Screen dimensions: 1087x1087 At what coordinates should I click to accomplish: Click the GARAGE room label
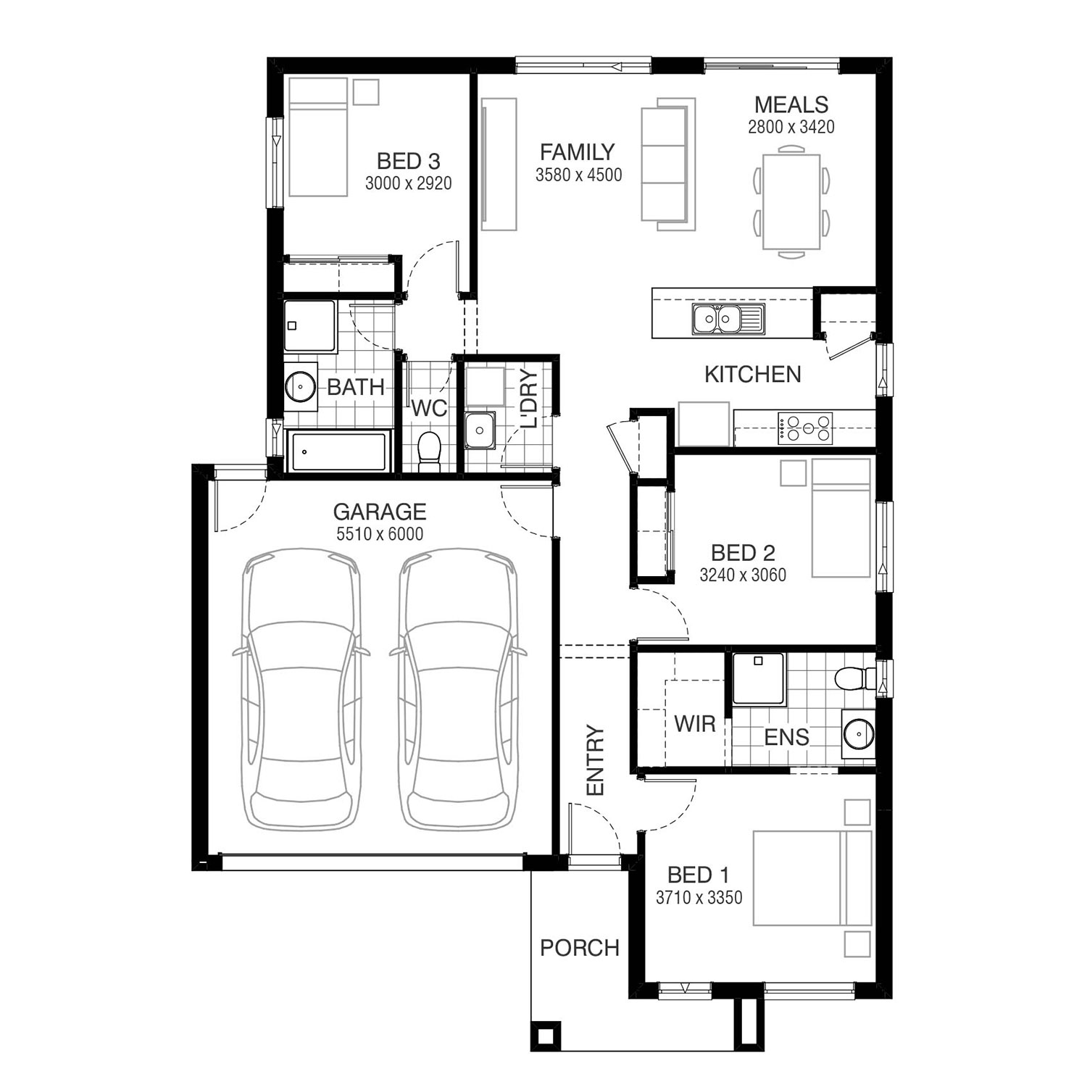click(x=379, y=512)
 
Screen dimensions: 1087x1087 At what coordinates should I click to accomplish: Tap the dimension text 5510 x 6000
click(x=379, y=534)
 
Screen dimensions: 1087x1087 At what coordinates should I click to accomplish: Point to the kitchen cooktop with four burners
click(x=805, y=428)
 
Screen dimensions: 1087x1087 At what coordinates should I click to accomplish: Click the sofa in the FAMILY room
click(x=667, y=164)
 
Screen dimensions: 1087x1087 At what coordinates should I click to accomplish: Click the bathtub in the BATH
click(x=339, y=451)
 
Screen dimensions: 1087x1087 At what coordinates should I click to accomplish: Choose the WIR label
click(x=694, y=723)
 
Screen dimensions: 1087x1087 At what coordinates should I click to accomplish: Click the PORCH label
click(x=580, y=948)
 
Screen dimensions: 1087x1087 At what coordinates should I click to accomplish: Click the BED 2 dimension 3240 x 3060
click(x=743, y=575)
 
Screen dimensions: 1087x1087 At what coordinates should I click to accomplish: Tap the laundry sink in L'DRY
click(x=480, y=430)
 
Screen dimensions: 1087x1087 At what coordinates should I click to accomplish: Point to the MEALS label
click(x=791, y=104)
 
